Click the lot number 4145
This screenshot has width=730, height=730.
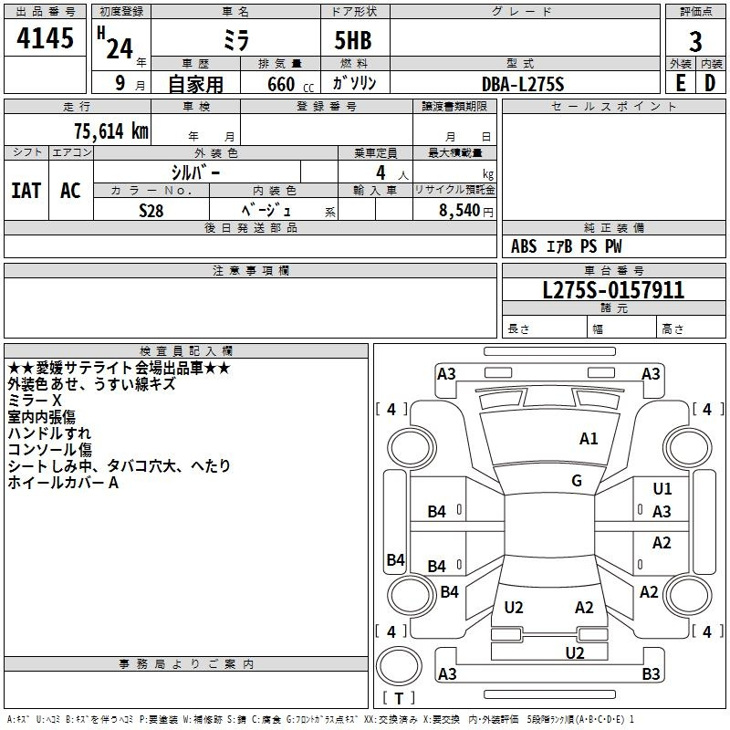(45, 37)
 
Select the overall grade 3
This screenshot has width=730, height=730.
(695, 42)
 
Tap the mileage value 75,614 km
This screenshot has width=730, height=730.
(111, 131)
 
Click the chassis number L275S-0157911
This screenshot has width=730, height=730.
(613, 290)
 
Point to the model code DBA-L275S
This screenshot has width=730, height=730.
(523, 84)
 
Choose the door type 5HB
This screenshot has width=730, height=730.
(353, 40)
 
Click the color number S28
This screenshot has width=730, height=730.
(151, 211)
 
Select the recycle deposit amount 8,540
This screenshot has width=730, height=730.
(460, 210)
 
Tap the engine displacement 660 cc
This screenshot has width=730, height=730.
(290, 85)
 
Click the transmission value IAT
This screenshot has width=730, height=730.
(26, 191)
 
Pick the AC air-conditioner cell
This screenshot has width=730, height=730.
(71, 191)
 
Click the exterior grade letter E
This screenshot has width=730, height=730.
(680, 83)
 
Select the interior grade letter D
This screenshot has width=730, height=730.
(710, 83)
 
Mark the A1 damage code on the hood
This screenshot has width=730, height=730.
(589, 439)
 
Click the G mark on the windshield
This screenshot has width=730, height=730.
(577, 481)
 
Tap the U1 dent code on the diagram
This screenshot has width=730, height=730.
(662, 489)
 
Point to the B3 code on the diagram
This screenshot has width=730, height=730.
(651, 673)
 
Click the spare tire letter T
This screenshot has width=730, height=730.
(399, 698)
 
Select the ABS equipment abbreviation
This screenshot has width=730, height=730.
(524, 246)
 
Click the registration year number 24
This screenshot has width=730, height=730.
(120, 48)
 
